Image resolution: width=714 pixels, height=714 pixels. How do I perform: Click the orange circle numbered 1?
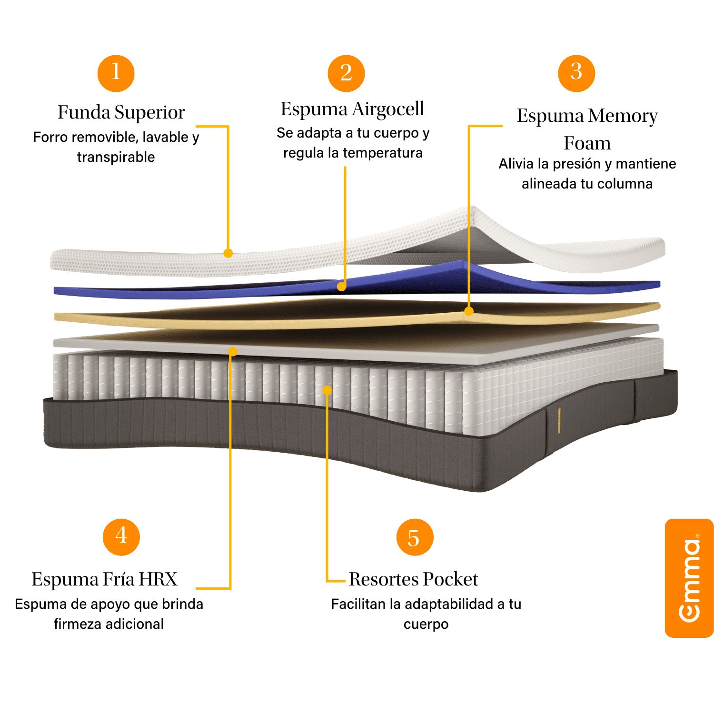coord(116,73)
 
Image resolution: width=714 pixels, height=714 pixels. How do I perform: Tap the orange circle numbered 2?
coord(346,73)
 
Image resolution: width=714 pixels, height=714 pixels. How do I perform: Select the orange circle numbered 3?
coord(576,73)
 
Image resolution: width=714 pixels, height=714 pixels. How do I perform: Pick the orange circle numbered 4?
coord(121,536)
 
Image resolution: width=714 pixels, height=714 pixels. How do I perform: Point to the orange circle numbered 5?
coord(415,537)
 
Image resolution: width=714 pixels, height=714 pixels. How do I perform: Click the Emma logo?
coord(689,578)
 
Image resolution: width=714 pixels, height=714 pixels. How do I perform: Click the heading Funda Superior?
coord(121,112)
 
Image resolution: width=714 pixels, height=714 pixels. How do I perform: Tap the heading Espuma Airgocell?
coord(352,109)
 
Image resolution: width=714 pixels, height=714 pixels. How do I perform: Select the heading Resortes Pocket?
coord(413,579)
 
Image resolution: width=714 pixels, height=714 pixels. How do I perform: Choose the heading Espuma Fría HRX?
coord(104,579)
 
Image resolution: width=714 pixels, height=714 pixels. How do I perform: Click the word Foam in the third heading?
coord(587,143)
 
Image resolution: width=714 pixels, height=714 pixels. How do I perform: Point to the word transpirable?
coord(116,157)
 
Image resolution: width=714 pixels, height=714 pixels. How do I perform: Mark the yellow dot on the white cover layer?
coord(228,253)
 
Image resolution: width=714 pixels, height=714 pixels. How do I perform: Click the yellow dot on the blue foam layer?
coord(341,287)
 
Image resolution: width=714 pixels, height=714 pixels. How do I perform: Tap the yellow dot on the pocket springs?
coord(327,390)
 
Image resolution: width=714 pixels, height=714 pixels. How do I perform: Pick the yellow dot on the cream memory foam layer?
coord(469,312)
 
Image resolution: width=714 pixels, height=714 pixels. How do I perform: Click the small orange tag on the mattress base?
coord(559,420)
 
